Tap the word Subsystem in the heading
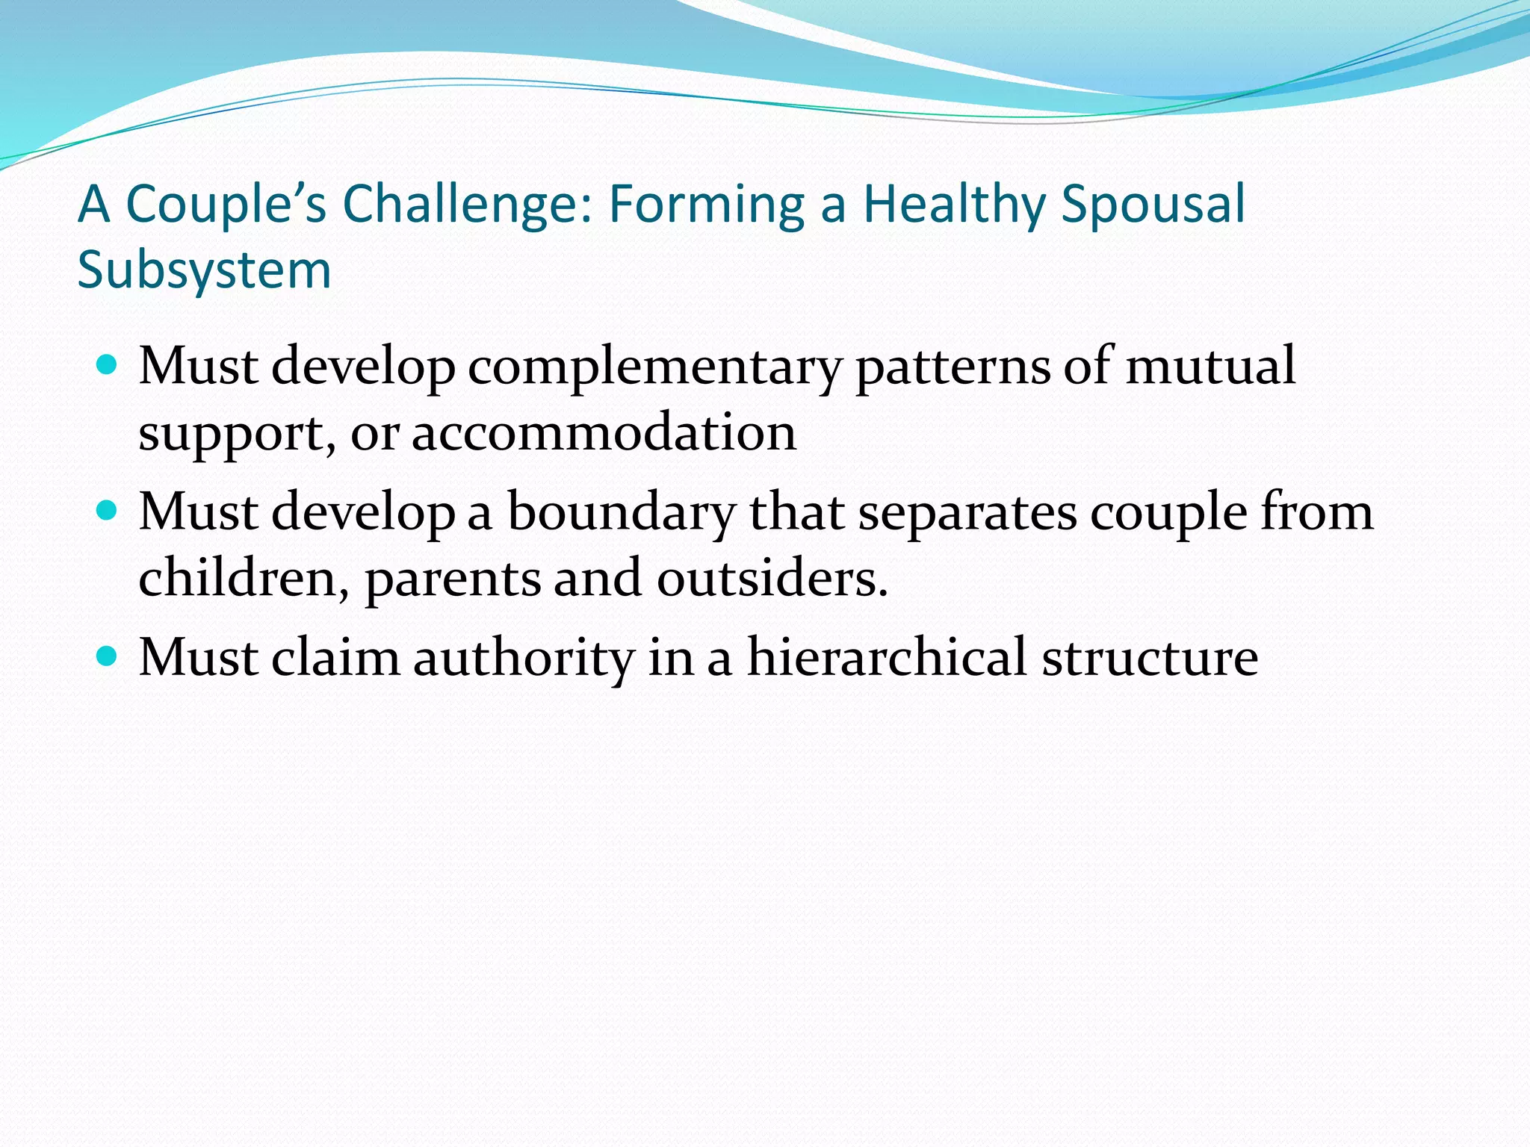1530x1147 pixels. pyautogui.click(x=204, y=270)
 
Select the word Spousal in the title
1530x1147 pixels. pyautogui.click(x=1153, y=204)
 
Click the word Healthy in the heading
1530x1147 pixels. pyautogui.click(x=954, y=204)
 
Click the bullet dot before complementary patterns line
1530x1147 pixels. pyautogui.click(x=108, y=365)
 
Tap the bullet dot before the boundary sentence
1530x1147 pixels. pyautogui.click(x=108, y=511)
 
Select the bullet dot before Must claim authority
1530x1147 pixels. pyautogui.click(x=108, y=656)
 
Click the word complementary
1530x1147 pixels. pyautogui.click(x=654, y=368)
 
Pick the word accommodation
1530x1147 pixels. pyautogui.click(x=604, y=433)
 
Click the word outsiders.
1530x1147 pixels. pyautogui.click(x=772, y=578)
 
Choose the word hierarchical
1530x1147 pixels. pyautogui.click(x=887, y=658)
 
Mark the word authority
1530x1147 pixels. pyautogui.click(x=524, y=659)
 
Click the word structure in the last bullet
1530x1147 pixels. pyautogui.click(x=1150, y=658)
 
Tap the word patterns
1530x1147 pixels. pyautogui.click(x=953, y=368)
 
